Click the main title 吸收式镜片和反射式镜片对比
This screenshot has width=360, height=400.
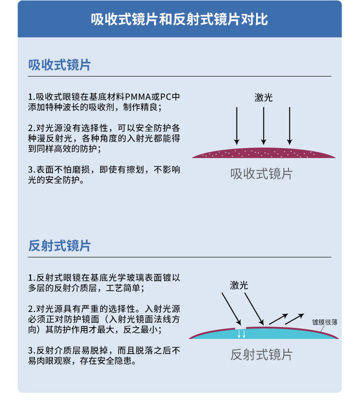coord(179,19)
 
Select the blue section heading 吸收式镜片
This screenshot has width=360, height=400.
coord(59,65)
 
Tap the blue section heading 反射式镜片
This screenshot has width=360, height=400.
coord(59,246)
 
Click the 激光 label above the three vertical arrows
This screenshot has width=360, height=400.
coord(263,97)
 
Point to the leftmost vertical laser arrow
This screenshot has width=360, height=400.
coord(237,126)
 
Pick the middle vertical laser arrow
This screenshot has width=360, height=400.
coord(263,126)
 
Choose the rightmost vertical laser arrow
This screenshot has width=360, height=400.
coord(289,126)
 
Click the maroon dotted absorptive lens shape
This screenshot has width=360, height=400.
coord(264,153)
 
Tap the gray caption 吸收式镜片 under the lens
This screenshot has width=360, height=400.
coord(261,174)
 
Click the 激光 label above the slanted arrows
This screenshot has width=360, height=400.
coord(239,285)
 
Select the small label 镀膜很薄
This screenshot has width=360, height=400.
coord(324,322)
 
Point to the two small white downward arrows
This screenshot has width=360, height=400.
coord(241,334)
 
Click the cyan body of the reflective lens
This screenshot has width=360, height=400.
coord(264,334)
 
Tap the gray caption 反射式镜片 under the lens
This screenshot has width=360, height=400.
coord(261,355)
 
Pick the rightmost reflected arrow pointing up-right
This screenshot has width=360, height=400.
coord(294,319)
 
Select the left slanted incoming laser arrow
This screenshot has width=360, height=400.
coord(231,309)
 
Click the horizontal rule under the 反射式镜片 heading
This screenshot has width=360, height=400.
coord(179,257)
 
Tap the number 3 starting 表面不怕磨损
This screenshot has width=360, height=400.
coord(30,169)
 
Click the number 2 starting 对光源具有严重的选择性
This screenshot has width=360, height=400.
coord(30,309)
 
